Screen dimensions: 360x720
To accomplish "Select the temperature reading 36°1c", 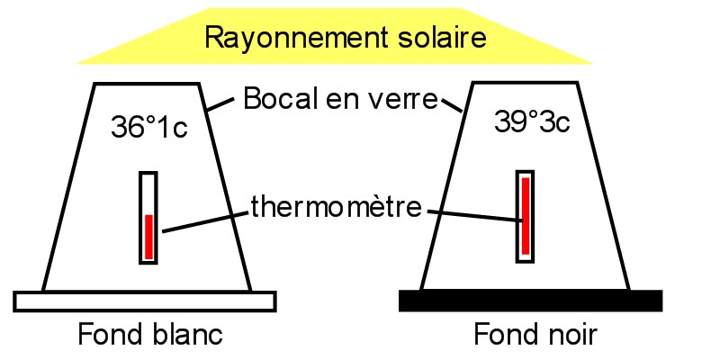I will coord(148,128).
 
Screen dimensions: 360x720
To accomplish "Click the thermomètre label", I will coord(336,207).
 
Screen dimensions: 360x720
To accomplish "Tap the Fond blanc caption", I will coord(150,335).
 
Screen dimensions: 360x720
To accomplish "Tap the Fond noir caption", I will coord(535,335).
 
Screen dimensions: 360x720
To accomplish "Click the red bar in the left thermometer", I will coord(149,236).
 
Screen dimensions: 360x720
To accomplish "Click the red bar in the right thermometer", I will coord(525,216).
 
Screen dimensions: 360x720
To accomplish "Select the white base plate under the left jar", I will coord(145,301).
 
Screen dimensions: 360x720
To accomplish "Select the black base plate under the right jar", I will coord(530,301).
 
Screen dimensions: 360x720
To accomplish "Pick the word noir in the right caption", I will coord(564,335).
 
